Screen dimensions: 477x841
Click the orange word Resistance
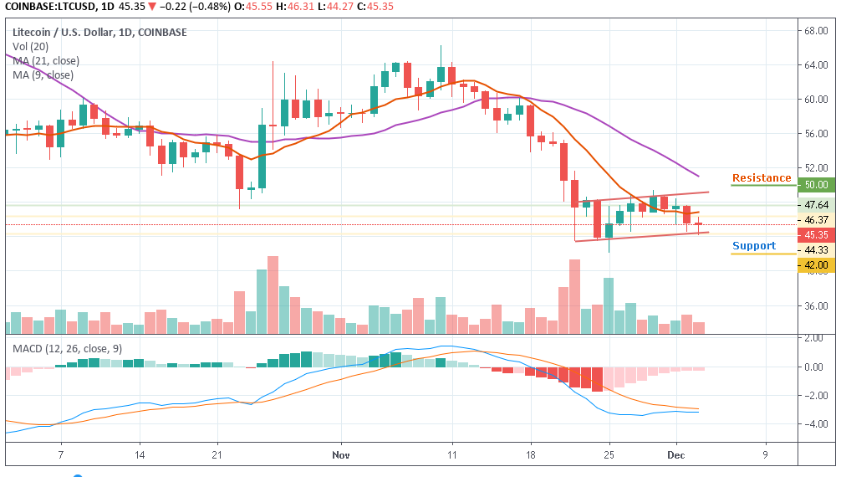(x=761, y=178)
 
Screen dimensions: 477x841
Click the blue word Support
(x=754, y=246)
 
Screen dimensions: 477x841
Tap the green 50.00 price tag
(x=815, y=185)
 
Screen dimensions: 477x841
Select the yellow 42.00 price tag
(x=815, y=265)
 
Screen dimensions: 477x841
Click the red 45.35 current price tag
(x=815, y=234)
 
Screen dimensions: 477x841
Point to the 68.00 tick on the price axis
(x=815, y=32)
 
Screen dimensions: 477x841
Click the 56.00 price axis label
(x=815, y=134)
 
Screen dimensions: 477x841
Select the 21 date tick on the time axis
(x=217, y=454)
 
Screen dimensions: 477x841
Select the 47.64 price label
(x=815, y=205)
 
